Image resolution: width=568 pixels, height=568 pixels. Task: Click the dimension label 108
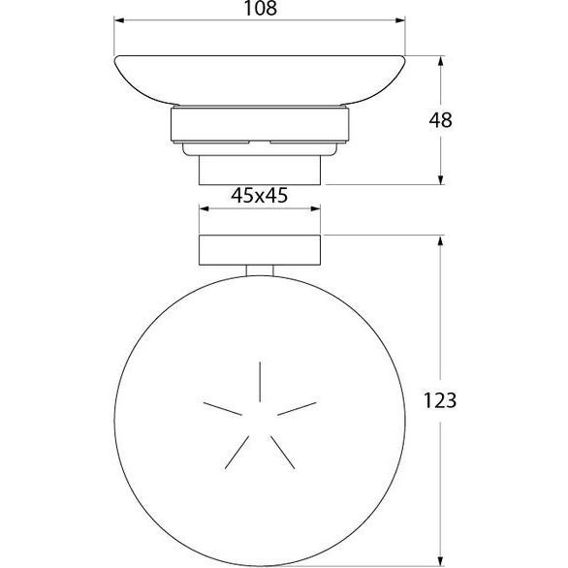[x=261, y=8]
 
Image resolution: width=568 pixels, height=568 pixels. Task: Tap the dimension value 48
[x=440, y=120]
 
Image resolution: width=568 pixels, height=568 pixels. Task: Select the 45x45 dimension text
[x=260, y=196]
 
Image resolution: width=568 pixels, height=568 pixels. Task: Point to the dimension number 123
[x=440, y=401]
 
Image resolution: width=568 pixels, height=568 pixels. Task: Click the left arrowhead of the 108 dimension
[x=119, y=20]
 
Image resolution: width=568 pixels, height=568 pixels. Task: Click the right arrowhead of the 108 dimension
[x=400, y=20]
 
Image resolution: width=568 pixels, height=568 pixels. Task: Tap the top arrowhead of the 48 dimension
[x=440, y=61]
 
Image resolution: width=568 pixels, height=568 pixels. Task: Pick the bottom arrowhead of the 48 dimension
[x=440, y=179]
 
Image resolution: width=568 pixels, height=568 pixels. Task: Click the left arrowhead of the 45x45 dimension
[x=204, y=208]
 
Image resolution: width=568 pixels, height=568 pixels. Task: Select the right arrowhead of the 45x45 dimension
[x=316, y=208]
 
